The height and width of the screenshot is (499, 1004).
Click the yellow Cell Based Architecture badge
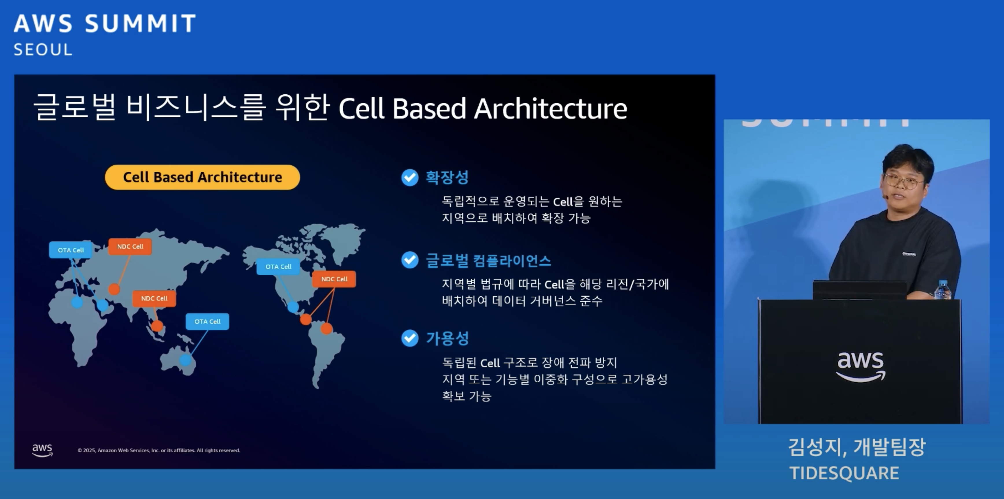click(x=202, y=177)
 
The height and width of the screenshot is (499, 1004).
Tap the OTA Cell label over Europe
click(x=71, y=250)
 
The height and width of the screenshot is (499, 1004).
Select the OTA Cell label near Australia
click(x=207, y=322)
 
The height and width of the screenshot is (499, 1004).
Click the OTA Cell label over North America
click(x=278, y=267)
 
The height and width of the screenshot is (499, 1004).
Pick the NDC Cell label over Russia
click(x=130, y=247)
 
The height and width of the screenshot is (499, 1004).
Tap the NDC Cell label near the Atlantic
click(x=334, y=279)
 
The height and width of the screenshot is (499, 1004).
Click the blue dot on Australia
click(x=186, y=360)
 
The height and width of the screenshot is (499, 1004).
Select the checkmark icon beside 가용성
click(x=410, y=338)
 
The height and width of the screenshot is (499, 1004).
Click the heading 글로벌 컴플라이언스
click(x=488, y=260)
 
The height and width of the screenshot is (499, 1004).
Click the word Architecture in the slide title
click(x=550, y=109)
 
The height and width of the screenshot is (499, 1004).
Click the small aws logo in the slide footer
click(x=42, y=450)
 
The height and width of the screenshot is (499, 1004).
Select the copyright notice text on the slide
click(x=159, y=450)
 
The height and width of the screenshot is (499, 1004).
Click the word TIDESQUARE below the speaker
click(x=844, y=473)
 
